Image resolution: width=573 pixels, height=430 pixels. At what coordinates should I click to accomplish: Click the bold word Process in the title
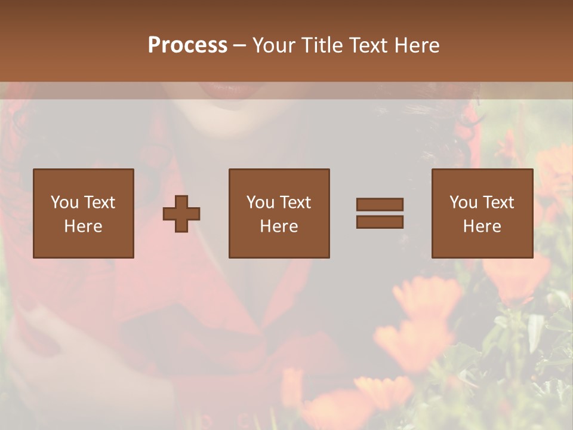point(187,45)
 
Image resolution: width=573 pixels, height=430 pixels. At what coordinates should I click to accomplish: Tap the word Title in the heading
point(320,45)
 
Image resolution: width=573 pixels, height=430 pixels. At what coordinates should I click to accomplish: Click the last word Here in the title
point(416,45)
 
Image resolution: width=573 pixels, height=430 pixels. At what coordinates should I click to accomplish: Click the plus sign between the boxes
point(181,214)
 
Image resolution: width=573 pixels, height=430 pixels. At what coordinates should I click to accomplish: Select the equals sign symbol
point(380,213)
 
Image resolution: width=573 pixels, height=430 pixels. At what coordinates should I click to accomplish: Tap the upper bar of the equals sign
point(380,205)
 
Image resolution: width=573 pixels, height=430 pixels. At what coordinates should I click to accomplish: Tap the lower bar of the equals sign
point(380,222)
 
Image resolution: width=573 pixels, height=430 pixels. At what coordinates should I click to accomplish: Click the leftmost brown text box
point(84,213)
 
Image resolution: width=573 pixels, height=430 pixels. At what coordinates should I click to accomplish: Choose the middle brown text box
point(279,213)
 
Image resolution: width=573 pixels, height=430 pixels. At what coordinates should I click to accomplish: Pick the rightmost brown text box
point(482,213)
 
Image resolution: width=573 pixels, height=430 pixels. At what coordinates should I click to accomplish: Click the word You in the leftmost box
point(64,202)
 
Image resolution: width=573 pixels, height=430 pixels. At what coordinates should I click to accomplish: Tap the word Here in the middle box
point(279,226)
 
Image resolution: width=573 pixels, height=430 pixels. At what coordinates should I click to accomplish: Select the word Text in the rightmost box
point(498,202)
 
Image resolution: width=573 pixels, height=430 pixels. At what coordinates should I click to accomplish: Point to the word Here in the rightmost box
point(482,226)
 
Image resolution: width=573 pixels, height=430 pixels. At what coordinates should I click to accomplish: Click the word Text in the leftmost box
point(99,202)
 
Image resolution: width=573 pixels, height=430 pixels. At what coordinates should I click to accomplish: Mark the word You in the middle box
point(260,202)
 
